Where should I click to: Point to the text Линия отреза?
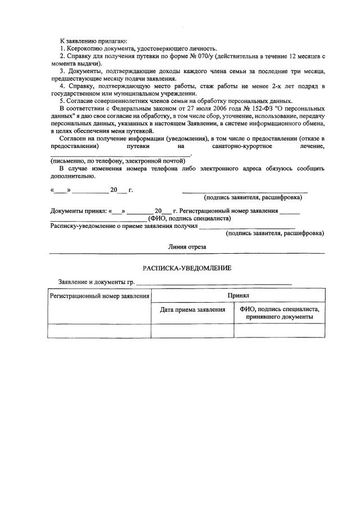tap(187, 246)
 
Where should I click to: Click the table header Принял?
tap(238, 295)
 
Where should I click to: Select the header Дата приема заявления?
tap(192, 309)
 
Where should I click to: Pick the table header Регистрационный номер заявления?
tap(100, 295)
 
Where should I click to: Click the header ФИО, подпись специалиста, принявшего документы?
tap(279, 313)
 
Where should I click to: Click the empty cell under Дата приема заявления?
tap(192, 331)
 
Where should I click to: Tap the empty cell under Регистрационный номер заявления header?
tap(100, 331)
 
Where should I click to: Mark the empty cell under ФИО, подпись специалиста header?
tap(279, 331)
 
